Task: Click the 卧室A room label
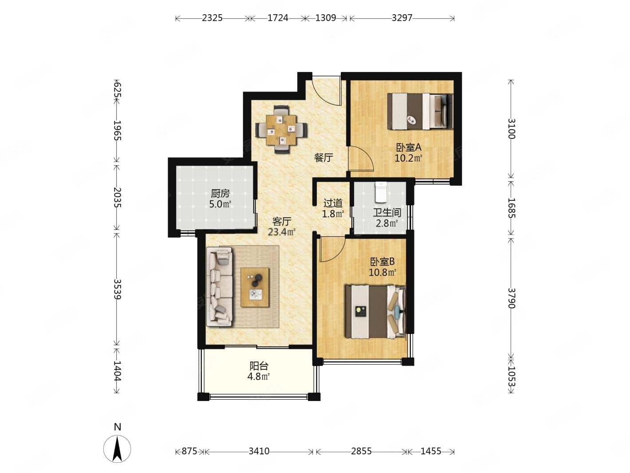click(x=409, y=147)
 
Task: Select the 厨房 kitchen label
click(x=220, y=194)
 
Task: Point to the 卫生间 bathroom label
click(x=387, y=213)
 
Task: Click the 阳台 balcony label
click(x=259, y=366)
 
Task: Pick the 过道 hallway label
click(x=333, y=203)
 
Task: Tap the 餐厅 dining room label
click(x=323, y=157)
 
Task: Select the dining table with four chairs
click(x=281, y=130)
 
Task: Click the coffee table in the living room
click(x=255, y=287)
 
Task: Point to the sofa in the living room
click(x=220, y=287)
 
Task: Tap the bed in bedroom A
click(x=420, y=111)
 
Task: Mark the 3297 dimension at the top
click(x=402, y=18)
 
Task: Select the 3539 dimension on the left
click(x=117, y=289)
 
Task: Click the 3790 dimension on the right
click(x=511, y=298)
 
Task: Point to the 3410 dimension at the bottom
click(x=259, y=451)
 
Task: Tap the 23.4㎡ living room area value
click(x=282, y=232)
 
